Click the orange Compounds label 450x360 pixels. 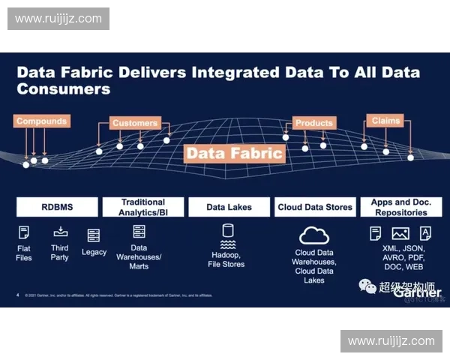pos(42,121)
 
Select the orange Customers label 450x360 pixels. pos(135,123)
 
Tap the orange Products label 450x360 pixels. pos(313,123)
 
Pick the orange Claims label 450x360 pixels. pos(385,120)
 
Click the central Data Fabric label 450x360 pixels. pos(235,154)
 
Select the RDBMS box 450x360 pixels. pos(57,207)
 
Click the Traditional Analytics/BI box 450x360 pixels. pos(143,207)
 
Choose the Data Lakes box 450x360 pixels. pos(229,207)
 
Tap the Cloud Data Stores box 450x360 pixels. pos(315,207)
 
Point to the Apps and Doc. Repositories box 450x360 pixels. pos(401,207)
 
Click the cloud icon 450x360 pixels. pos(314,235)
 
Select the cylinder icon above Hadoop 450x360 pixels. pos(228,231)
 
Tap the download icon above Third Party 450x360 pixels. pos(61,232)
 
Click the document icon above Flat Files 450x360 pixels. pos(24,232)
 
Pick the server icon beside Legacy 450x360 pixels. pos(94,235)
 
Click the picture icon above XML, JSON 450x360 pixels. pos(400,233)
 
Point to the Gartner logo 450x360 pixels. pos(412,292)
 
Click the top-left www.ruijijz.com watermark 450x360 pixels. pos(58,18)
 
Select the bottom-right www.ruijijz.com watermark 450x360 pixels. pos(391,341)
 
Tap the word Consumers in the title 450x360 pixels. pos(63,89)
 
